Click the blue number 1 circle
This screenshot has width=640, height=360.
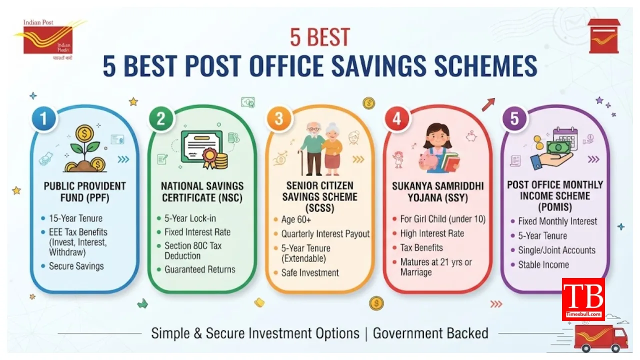pyautogui.click(x=43, y=118)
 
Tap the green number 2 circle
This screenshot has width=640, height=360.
pyautogui.click(x=161, y=118)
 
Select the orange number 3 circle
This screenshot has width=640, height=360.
pyautogui.click(x=279, y=118)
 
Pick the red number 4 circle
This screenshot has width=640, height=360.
pyautogui.click(x=396, y=118)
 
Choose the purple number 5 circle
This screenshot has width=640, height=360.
pyautogui.click(x=514, y=118)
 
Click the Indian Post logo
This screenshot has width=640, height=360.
pyautogui.click(x=48, y=39)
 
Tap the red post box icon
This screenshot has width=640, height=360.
pyautogui.click(x=603, y=36)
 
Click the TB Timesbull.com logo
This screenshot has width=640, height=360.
pyautogui.click(x=583, y=299)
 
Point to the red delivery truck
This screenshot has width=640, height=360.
pyautogui.click(x=601, y=338)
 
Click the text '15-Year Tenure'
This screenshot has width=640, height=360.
pyautogui.click(x=75, y=218)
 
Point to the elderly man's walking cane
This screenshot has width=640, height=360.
pyautogui.click(x=301, y=163)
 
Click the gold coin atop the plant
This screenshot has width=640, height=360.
pyautogui.click(x=84, y=133)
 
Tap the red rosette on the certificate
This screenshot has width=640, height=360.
pyautogui.click(x=210, y=155)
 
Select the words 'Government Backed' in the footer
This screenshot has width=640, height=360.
pyautogui.click(x=430, y=333)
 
